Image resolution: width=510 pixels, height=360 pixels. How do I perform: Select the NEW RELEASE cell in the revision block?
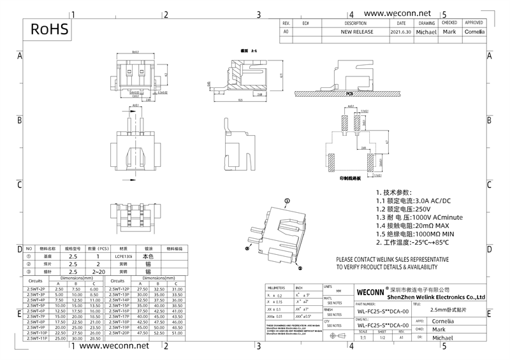point(356,31)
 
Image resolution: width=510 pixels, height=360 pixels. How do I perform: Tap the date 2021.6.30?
point(400,31)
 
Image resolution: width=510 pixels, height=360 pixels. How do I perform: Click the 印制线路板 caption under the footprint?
point(351,179)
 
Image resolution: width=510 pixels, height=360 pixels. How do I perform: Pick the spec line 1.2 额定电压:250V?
point(404,208)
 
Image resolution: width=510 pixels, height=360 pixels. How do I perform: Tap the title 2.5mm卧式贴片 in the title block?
point(448,309)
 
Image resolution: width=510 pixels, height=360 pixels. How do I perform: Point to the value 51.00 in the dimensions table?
point(177,333)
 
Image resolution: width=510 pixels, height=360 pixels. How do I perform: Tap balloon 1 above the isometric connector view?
point(287,200)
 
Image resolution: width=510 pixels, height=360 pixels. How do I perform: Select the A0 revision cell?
point(286,31)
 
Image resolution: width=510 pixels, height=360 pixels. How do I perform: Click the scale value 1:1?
point(363,338)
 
